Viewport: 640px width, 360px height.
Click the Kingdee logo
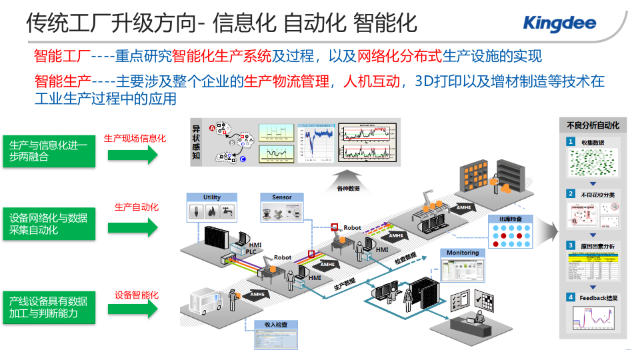559,24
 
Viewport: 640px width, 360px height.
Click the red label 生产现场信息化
135,139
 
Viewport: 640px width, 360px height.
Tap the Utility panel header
212,197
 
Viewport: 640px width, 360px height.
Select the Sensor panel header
282,197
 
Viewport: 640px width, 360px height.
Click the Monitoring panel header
463,253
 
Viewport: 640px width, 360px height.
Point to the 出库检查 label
510,219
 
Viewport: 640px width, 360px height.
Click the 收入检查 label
275,325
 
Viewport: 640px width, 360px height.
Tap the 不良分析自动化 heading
593,125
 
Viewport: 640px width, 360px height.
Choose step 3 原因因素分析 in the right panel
597,246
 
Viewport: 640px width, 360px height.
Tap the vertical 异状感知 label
197,141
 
